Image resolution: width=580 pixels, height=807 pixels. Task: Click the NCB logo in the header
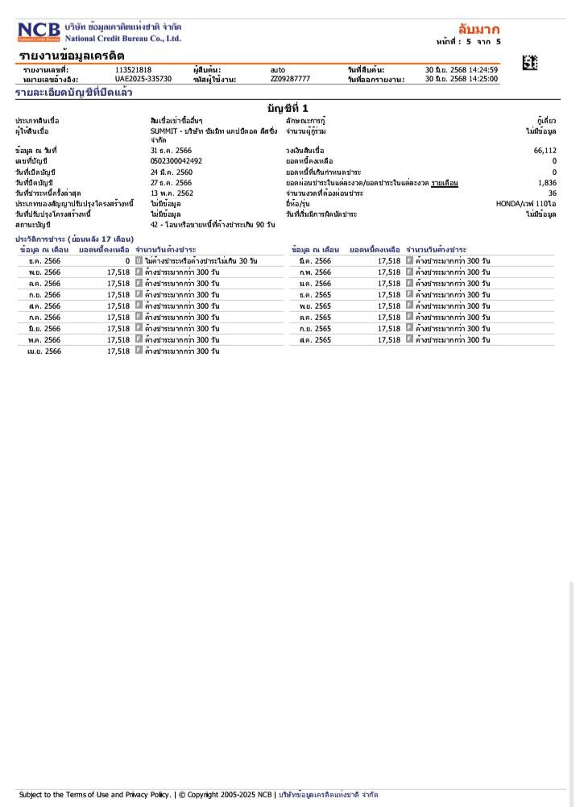point(39,32)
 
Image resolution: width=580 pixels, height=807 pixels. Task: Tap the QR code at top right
point(529,62)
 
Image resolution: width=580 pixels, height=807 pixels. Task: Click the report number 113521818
point(133,70)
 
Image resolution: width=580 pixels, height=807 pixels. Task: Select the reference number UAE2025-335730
point(143,79)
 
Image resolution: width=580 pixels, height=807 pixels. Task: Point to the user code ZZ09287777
point(290,79)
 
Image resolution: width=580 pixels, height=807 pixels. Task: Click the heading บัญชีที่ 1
point(287,108)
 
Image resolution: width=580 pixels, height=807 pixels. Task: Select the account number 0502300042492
point(176,161)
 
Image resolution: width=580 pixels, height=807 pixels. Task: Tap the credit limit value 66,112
point(545,151)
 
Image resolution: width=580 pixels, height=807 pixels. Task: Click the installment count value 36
point(552,193)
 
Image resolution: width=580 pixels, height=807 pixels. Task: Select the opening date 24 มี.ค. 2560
point(171,172)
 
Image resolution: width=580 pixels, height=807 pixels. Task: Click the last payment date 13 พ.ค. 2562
point(172,193)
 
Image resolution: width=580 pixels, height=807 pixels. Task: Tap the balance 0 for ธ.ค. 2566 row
point(126,261)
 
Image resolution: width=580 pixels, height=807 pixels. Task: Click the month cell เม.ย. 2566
point(44,352)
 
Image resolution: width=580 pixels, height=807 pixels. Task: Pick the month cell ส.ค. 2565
point(315,340)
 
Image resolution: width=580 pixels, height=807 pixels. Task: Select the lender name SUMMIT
point(165,131)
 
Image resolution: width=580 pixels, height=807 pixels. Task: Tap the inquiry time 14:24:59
point(483,70)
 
